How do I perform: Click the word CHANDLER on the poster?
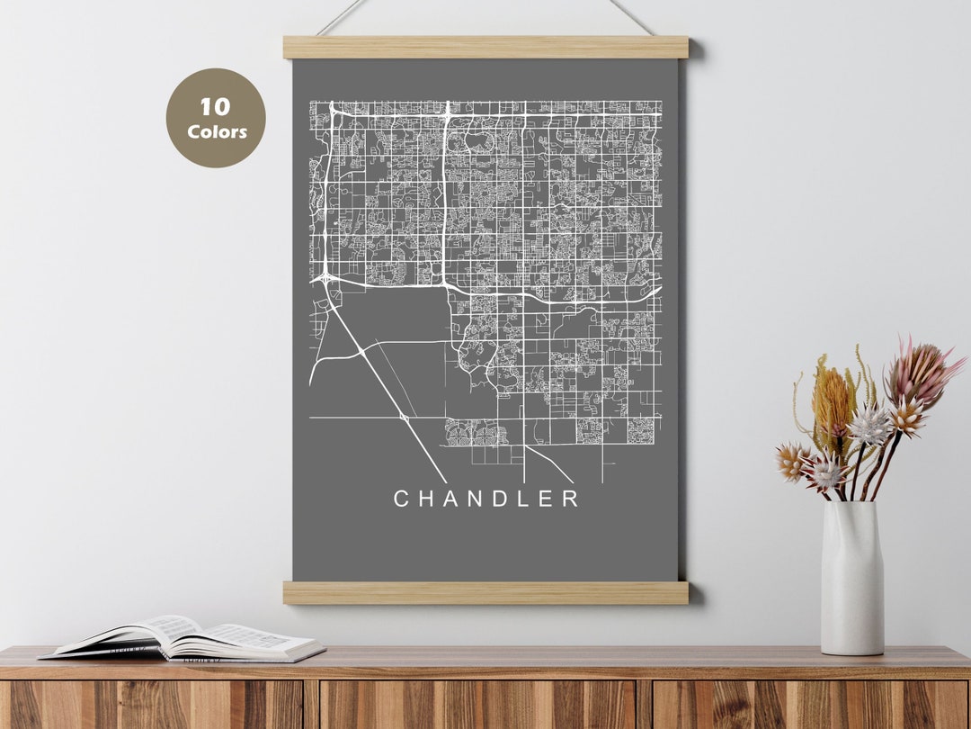pyautogui.click(x=486, y=499)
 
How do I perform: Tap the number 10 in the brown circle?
pyautogui.click(x=216, y=107)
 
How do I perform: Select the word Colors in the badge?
pyautogui.click(x=217, y=131)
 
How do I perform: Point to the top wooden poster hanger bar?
pyautogui.click(x=485, y=48)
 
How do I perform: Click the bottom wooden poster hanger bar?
pyautogui.click(x=485, y=592)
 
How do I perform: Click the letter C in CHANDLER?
pyautogui.click(x=402, y=499)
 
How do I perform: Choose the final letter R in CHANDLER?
pyautogui.click(x=570, y=499)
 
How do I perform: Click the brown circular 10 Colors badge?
pyautogui.click(x=216, y=118)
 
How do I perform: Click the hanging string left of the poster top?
pyautogui.click(x=342, y=15)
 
